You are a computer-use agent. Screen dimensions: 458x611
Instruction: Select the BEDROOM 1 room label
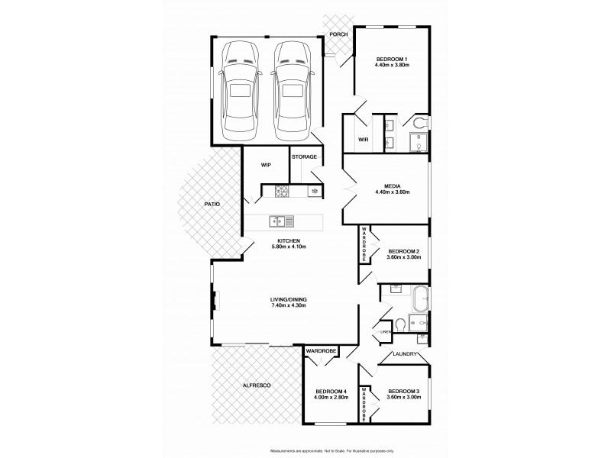pos(391,59)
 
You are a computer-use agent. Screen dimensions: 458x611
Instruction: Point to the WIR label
pos(363,140)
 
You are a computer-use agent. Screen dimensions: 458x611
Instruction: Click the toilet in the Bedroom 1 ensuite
pos(419,123)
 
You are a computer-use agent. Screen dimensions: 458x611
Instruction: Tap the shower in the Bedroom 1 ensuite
pos(419,143)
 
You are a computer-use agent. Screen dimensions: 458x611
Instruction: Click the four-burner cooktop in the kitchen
pos(280,191)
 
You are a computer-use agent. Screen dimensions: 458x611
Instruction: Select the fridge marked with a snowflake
pos(314,191)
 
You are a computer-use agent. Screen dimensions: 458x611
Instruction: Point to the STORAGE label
pos(304,156)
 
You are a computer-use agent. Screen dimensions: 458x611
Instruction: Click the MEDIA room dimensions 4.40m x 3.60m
pos(392,192)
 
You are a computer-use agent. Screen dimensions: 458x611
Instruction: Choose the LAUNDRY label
pos(403,354)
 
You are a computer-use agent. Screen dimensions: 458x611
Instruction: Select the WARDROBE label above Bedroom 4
pos(321,351)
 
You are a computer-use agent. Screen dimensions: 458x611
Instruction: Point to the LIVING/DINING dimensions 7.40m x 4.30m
pos(289,306)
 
